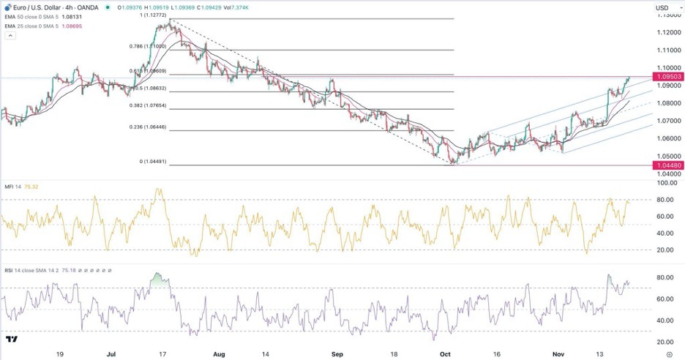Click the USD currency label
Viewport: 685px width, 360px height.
pos(663,8)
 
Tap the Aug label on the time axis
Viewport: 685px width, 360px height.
pos(217,352)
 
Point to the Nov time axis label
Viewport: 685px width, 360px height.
pos(557,352)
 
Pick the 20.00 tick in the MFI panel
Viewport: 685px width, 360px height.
pos(664,250)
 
